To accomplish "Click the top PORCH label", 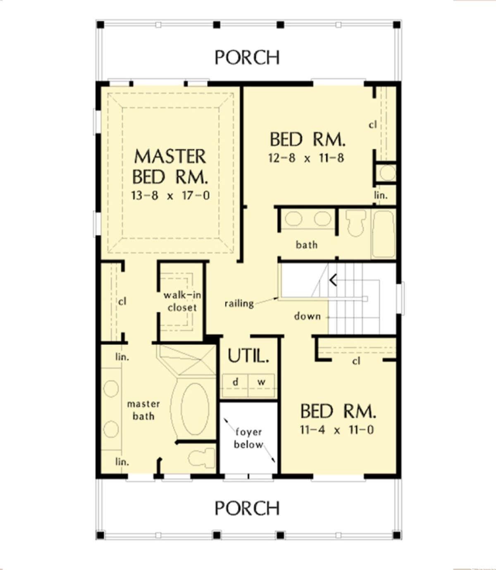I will tap(247, 57).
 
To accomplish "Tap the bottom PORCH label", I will tap(247, 508).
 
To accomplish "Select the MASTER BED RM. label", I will tap(170, 166).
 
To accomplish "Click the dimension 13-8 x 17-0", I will tap(170, 195).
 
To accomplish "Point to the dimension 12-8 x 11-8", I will tap(306, 158).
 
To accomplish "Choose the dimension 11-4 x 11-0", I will tap(337, 430).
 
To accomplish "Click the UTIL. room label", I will tap(248, 356).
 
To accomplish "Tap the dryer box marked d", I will tap(235, 382).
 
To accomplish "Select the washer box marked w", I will tap(261, 382).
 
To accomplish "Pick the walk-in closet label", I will tap(182, 301).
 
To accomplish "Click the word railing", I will tap(239, 304).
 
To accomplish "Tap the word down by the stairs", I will tap(307, 317).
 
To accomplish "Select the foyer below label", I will tap(249, 438).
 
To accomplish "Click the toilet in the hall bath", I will tap(355, 223).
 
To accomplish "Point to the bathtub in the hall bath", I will tap(384, 234).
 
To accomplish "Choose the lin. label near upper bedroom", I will tap(381, 195).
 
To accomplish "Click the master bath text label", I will tap(143, 410).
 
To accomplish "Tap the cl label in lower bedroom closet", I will tap(356, 361).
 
